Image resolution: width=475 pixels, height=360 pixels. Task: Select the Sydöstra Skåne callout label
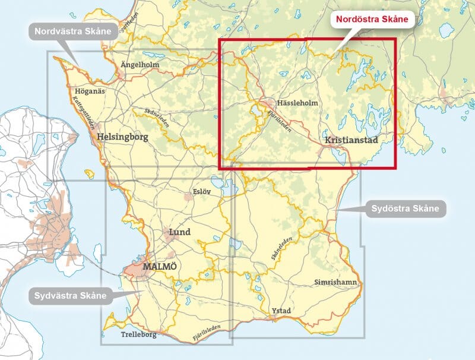click(x=405, y=209)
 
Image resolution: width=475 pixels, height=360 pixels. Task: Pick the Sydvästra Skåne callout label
click(x=70, y=295)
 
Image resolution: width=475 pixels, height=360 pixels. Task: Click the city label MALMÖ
click(x=160, y=266)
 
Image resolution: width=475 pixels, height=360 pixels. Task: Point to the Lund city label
click(x=180, y=232)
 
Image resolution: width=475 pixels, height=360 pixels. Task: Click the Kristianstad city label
click(x=351, y=139)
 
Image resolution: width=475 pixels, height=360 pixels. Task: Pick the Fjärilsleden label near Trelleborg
click(x=206, y=334)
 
